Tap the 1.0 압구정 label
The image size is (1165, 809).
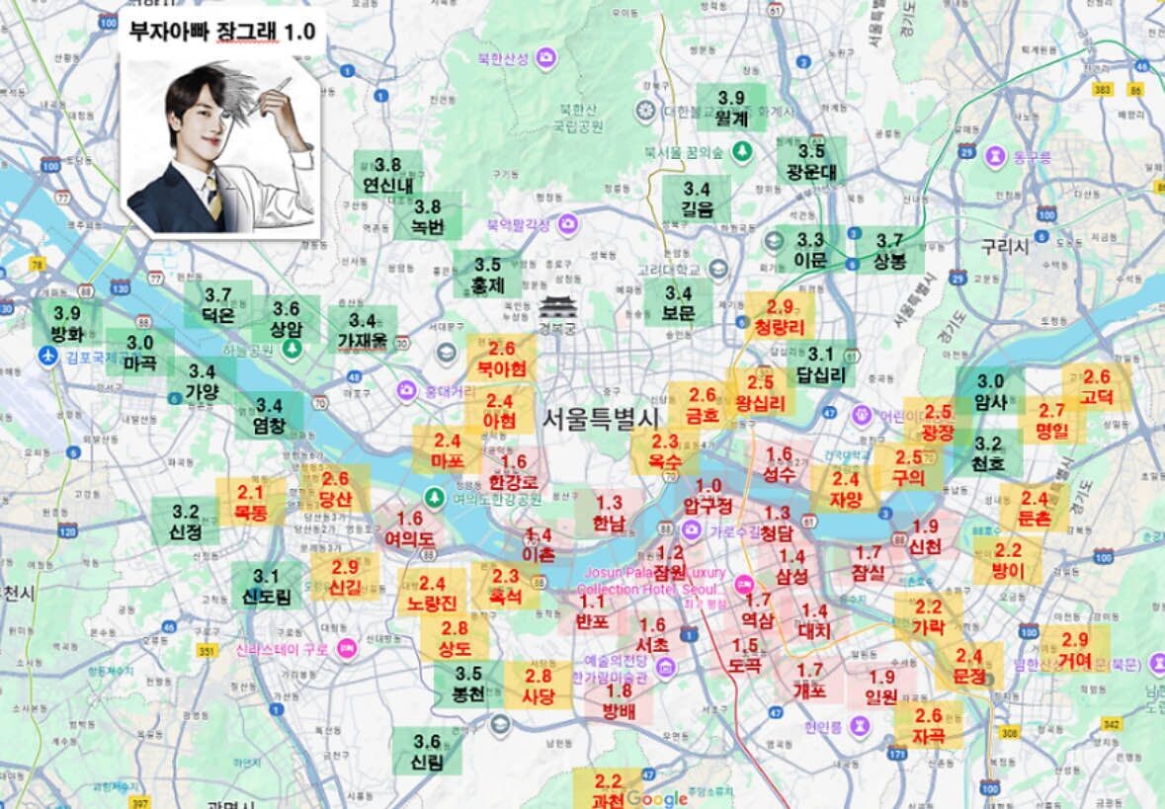[x=709, y=497]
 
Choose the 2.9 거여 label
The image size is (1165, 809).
[x=1074, y=651]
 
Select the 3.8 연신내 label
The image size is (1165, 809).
[x=388, y=175]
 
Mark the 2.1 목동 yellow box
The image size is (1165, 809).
[x=250, y=503]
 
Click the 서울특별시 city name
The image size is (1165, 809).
[x=600, y=418]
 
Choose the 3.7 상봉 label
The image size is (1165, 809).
[x=889, y=252]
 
